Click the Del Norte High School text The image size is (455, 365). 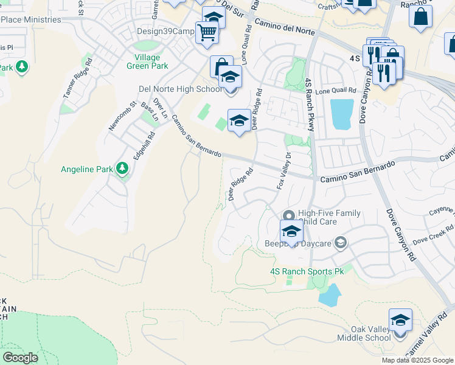180,89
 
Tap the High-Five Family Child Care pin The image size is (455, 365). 289,217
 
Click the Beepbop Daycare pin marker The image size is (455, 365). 340,243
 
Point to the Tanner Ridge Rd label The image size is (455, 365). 77,78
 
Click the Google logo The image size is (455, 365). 20,358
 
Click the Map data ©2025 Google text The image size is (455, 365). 417,360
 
